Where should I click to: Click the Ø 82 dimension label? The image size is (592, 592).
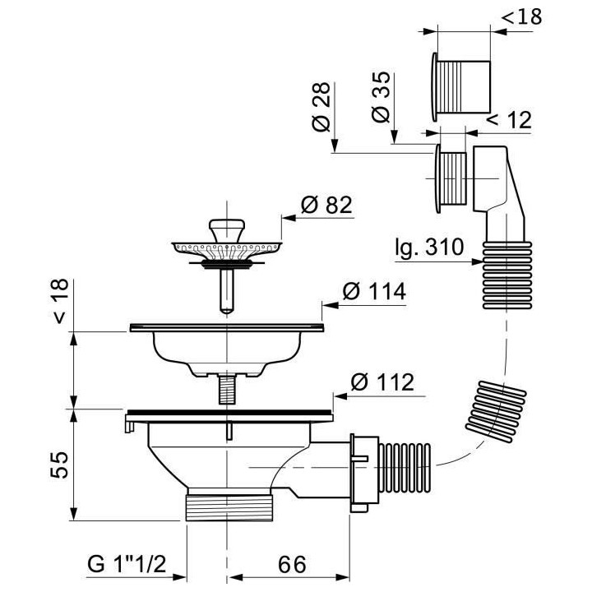pos(326,205)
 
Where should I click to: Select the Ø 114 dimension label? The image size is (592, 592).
pos(374,291)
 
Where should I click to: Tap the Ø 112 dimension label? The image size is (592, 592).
pos(382,382)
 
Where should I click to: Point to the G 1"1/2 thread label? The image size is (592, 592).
pos(127,565)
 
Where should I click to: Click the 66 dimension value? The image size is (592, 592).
pos(292,565)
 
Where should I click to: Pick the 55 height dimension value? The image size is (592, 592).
pos(60,465)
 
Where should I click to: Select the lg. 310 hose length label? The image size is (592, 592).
pos(429,248)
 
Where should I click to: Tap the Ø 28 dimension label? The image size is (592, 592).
pos(321,107)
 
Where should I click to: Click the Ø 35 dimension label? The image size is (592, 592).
pos(380,97)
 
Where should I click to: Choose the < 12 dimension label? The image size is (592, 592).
pos(509,120)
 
